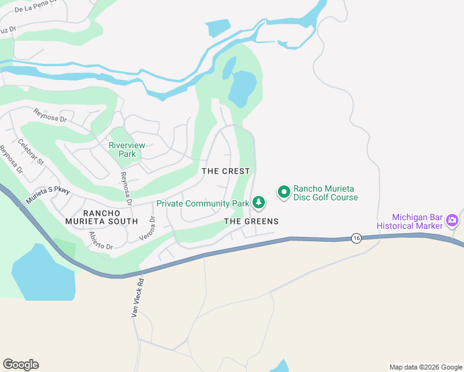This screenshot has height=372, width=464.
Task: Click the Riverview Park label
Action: click(127, 149)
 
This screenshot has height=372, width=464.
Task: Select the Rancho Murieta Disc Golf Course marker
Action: click(283, 192)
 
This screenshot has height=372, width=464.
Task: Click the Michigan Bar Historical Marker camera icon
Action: click(452, 219)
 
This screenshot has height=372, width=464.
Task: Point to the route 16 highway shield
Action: click(355, 238)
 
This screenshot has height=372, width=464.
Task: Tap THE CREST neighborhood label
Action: click(226, 171)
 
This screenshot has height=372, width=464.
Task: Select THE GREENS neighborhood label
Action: click(251, 221)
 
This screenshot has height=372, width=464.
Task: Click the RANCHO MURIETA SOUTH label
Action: click(102, 216)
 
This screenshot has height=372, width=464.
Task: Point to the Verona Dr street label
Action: click(152, 228)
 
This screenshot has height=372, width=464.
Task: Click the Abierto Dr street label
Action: click(100, 241)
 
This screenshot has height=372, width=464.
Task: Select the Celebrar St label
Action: click(31, 152)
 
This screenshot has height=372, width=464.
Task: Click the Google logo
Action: click(20, 365)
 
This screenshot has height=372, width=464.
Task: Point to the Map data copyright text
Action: click(425, 367)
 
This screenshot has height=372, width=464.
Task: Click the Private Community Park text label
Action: click(202, 203)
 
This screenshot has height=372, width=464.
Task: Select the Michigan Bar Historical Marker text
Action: click(417, 221)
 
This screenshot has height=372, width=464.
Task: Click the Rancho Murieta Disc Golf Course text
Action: click(326, 193)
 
